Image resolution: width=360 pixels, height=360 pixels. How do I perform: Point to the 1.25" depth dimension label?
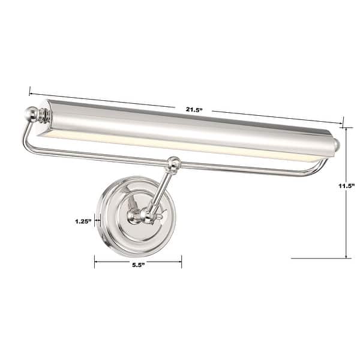83,221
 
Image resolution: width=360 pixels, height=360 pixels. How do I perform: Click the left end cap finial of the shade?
32,113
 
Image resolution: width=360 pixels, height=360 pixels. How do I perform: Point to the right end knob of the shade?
337,144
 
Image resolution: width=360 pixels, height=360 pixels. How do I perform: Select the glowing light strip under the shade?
180,147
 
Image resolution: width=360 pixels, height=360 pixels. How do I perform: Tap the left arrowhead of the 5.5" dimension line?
96,260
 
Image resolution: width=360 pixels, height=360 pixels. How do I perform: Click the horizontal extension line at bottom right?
318,258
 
